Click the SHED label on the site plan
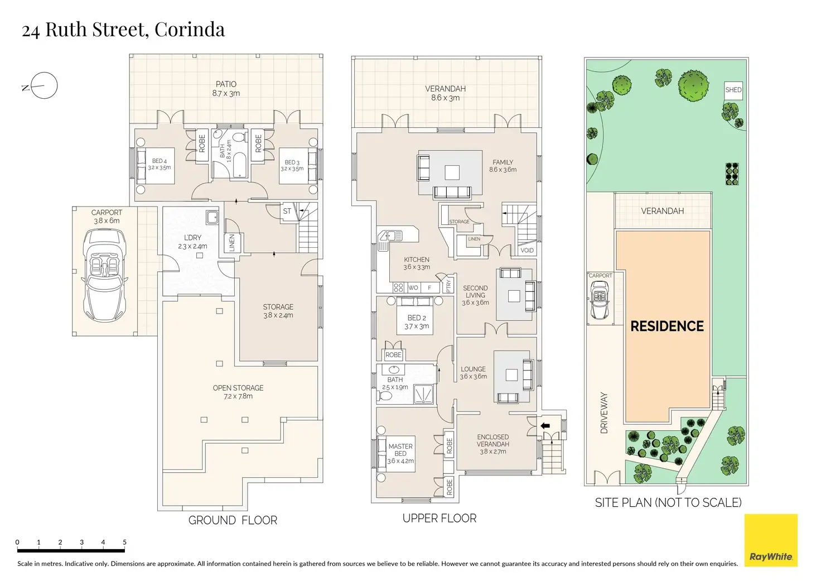[x=733, y=90]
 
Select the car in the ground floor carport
[x=104, y=276]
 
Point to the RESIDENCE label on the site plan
[x=667, y=326]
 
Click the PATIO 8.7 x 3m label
[x=226, y=89]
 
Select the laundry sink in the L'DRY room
[x=211, y=217]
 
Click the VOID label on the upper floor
[x=527, y=251]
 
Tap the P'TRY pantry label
[x=449, y=286]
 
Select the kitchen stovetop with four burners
[x=398, y=288]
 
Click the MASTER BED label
[x=400, y=453]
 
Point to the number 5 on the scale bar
[x=124, y=542]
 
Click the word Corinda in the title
[x=190, y=30]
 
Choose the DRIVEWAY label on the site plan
[x=604, y=412]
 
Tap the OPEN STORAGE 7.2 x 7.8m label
[x=238, y=392]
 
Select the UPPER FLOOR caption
[x=440, y=518]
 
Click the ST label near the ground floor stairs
[x=287, y=211]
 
